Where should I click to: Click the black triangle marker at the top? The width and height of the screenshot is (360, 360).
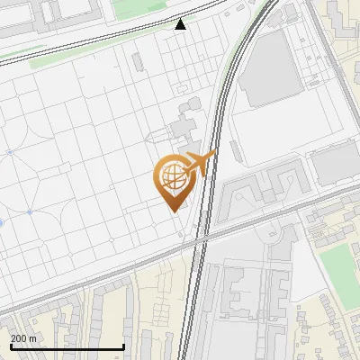pos(181,24)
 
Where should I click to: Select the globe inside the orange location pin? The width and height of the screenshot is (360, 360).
pos(172,175)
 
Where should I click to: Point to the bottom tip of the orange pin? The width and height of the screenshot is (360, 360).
pos(172,210)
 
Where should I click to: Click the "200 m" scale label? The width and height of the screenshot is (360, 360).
pos(23,338)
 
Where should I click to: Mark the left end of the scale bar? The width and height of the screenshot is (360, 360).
pos(11,347)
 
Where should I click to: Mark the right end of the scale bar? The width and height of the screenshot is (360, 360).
pos(123,347)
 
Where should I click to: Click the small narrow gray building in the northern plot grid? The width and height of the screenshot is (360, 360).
pos(137,62)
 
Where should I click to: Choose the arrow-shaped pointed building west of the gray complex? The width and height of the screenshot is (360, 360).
pos(157,136)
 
